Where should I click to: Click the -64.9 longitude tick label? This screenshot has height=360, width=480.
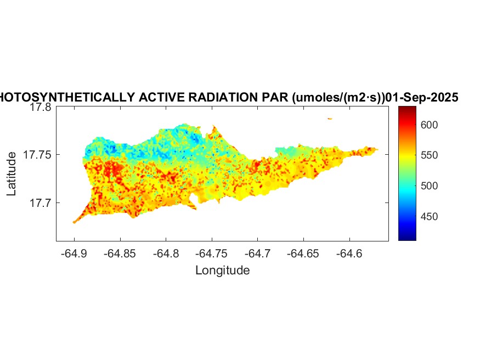coord(74,254)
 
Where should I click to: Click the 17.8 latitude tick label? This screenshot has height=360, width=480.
coord(41,108)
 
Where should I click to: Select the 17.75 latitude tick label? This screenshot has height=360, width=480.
coord(38,155)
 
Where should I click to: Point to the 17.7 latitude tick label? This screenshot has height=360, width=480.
coord(41,203)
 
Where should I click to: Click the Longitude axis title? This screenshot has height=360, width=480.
coord(222,270)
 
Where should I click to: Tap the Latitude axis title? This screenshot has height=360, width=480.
coord(12,174)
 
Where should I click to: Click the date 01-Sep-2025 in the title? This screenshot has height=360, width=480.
coord(422,98)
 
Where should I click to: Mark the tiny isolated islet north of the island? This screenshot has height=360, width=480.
coord(330,118)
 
